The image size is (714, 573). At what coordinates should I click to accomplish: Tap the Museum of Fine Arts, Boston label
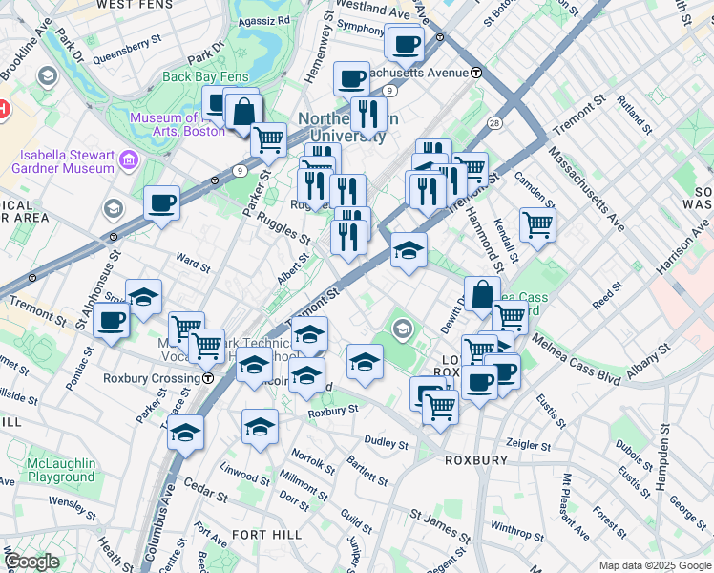(x=177, y=124)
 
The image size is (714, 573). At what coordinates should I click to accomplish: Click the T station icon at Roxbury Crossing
(x=208, y=378)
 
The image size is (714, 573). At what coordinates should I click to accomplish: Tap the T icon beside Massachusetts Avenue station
(x=475, y=73)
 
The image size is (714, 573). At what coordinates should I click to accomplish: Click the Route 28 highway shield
(x=494, y=122)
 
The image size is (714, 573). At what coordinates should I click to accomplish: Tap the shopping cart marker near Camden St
(x=538, y=225)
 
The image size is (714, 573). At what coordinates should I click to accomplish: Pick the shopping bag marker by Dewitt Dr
(x=483, y=293)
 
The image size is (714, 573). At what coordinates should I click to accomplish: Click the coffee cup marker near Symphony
(x=406, y=43)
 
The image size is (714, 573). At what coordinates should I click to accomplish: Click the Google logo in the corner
(x=31, y=562)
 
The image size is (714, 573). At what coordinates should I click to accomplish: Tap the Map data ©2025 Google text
(x=653, y=565)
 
